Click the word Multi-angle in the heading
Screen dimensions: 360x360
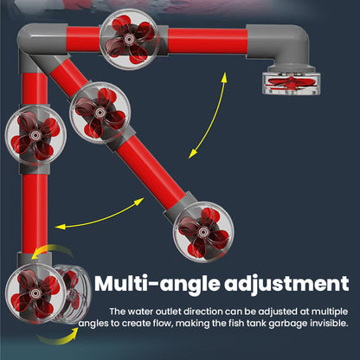pyautogui.click(x=157, y=285)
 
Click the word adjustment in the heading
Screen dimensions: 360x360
pyautogui.click(x=286, y=284)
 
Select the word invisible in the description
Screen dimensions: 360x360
pyautogui.click(x=329, y=323)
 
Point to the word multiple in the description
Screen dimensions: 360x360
pyautogui.click(x=330, y=312)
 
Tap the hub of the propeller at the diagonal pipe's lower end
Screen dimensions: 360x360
pyautogui.click(x=203, y=231)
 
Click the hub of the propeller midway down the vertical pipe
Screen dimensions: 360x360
pyautogui.click(x=35, y=135)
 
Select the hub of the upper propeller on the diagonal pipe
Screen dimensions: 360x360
pyautogui.click(x=100, y=112)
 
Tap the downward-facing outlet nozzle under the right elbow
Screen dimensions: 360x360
pyautogui.click(x=292, y=83)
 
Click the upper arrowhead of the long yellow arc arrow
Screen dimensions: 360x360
pyautogui.click(x=224, y=76)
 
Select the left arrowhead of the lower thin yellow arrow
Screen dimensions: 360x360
pyautogui.click(x=60, y=227)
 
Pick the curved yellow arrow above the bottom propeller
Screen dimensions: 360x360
pyautogui.click(x=52, y=249)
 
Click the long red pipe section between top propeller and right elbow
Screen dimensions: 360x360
pyautogui.click(x=207, y=41)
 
